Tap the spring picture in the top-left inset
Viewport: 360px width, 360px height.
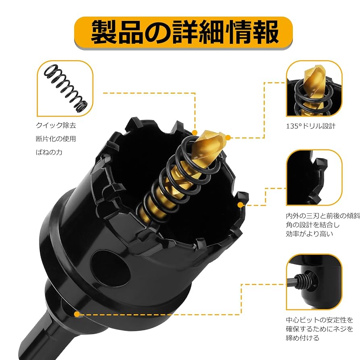tap(66, 88)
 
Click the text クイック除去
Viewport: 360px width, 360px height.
tap(56, 126)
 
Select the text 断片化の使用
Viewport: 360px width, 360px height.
tap(56, 139)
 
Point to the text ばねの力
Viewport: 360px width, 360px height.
tap(50, 152)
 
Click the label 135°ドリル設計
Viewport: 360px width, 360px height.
tap(314, 126)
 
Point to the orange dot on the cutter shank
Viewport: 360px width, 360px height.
tap(76, 312)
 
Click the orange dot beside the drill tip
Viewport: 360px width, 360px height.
tap(228, 138)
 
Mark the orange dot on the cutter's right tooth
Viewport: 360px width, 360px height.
tap(240, 205)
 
